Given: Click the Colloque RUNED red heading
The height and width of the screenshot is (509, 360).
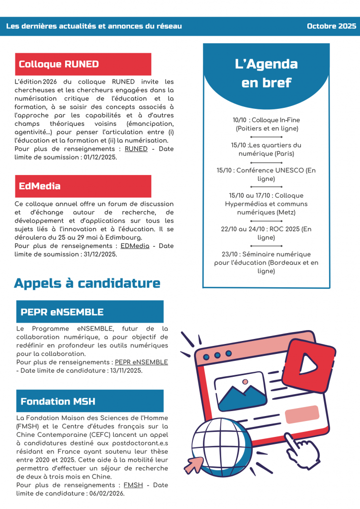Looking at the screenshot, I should tap(59, 64).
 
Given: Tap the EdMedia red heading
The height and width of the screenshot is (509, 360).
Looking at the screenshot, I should tap(40, 186).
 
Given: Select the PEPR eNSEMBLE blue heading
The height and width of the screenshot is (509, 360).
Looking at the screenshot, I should tap(62, 312).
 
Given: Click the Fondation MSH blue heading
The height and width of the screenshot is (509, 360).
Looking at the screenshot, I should tap(58, 401).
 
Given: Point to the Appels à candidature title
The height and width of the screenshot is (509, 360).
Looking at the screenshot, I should tap(87, 283).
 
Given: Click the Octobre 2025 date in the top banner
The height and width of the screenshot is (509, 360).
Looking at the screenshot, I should tap(331, 26).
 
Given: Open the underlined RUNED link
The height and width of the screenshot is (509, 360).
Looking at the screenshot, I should tap(136, 149).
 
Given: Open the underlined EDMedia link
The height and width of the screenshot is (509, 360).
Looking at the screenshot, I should tap(135, 246).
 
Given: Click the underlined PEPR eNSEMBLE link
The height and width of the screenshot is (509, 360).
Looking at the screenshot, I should tap(141, 362).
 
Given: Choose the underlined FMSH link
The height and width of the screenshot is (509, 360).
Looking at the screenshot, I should tap(133, 485).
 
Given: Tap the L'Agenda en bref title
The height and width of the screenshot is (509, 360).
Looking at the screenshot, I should tap(267, 73).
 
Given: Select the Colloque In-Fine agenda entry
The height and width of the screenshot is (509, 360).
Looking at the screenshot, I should tap(267, 124).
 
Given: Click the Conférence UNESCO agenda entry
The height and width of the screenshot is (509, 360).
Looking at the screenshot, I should tap(267, 174).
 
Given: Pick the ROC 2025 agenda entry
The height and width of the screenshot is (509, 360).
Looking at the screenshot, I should tap(267, 233).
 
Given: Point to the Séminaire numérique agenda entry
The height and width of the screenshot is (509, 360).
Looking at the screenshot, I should tap(267, 262).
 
